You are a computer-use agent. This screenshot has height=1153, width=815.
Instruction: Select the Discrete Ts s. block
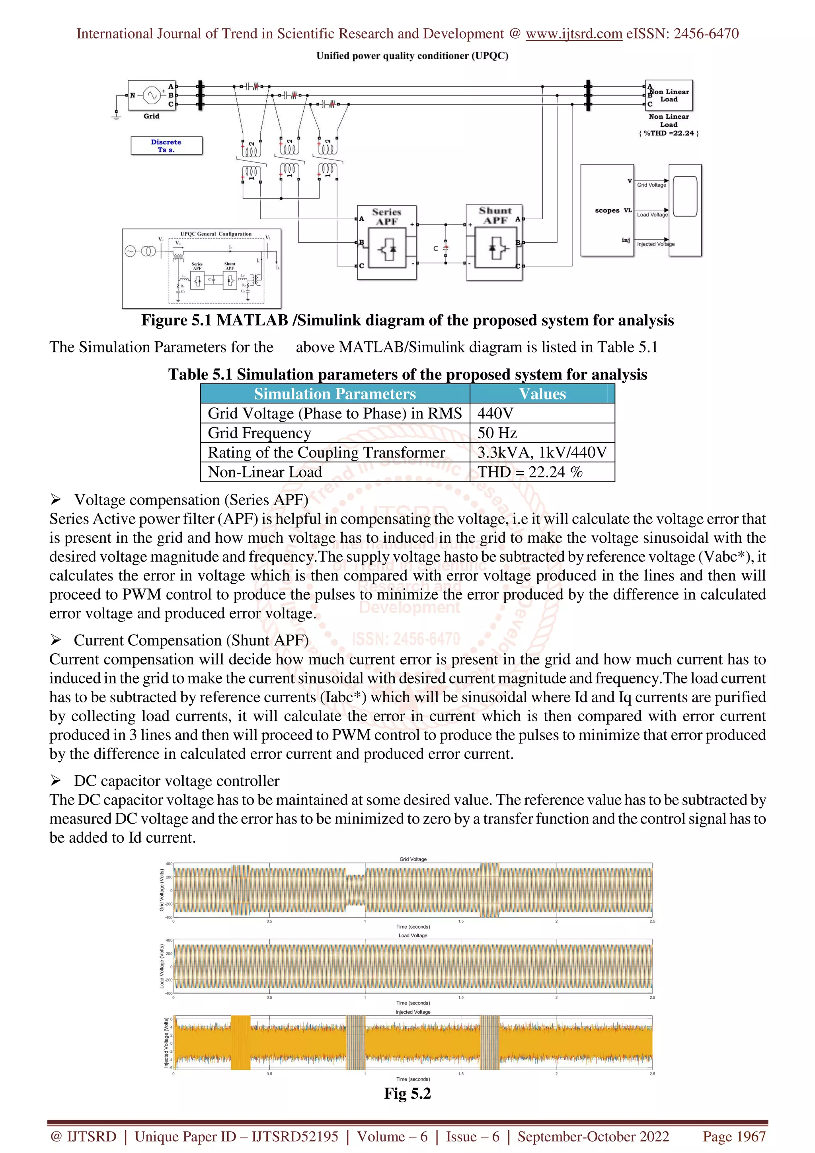(x=166, y=146)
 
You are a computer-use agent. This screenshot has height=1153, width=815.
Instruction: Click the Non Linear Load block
(x=669, y=95)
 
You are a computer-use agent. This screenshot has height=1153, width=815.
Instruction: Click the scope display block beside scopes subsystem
(x=684, y=210)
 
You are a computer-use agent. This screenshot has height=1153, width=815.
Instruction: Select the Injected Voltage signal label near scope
(x=655, y=244)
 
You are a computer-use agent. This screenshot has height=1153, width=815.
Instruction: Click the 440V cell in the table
(x=495, y=413)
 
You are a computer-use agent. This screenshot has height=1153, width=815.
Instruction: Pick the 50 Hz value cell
(x=497, y=433)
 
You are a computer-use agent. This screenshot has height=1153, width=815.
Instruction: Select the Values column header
(x=542, y=394)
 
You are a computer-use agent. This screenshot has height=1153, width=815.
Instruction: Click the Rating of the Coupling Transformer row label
(x=326, y=452)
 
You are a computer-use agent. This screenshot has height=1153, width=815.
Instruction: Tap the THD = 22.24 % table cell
(x=529, y=472)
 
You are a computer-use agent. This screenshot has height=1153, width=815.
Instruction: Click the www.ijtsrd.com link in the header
(x=573, y=34)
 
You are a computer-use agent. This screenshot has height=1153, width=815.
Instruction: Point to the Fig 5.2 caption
(x=407, y=1093)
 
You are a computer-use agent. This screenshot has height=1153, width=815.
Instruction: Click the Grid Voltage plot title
(x=413, y=859)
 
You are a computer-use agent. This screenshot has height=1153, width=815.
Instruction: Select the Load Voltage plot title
(x=413, y=935)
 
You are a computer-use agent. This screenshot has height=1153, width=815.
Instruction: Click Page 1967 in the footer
(x=734, y=1136)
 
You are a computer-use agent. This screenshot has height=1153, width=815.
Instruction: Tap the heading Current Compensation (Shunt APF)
(x=191, y=640)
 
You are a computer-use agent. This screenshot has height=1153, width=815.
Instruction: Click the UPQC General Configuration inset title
(x=216, y=234)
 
